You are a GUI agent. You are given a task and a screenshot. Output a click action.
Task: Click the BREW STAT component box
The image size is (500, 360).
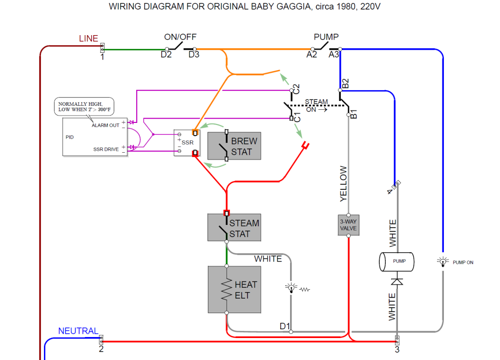tap(234, 146)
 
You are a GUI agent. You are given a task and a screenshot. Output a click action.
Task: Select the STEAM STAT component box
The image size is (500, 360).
tap(234, 228)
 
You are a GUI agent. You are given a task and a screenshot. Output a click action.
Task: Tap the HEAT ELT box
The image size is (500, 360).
tap(234, 290)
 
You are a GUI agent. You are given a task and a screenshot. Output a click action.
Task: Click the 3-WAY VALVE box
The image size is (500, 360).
tap(348, 225)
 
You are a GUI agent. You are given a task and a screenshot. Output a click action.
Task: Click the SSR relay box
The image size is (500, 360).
tap(186, 143)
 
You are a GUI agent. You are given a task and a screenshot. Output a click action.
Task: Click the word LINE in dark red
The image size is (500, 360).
tap(88, 39)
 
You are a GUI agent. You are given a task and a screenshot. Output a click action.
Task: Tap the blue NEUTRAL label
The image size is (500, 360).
tap(78, 331)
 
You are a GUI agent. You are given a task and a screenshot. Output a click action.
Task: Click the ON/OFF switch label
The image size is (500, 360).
tap(180, 37)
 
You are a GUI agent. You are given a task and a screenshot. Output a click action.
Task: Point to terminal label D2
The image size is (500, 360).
tap(166, 55)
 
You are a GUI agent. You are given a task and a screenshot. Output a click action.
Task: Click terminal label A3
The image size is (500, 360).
tap(334, 55)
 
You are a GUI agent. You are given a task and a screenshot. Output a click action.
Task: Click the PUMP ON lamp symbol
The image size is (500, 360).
tap(443, 262)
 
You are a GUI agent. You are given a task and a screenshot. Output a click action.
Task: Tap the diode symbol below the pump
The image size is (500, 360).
tap(397, 281)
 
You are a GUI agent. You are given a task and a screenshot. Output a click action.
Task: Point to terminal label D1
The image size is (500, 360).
tap(285, 326)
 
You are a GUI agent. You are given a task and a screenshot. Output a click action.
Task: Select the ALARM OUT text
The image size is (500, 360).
tap(105, 125)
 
